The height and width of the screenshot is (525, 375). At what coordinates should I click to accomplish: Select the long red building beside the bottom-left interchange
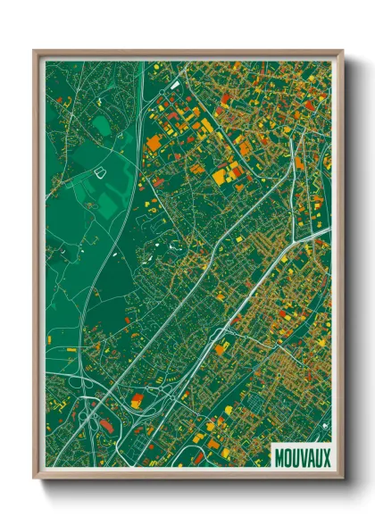tap(105, 427)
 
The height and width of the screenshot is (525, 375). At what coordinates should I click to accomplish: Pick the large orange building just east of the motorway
tap(154, 142)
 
